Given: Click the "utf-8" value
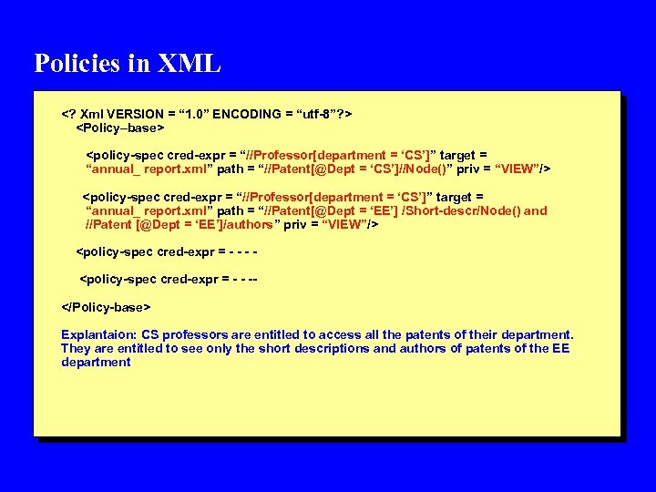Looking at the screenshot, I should (x=314, y=114).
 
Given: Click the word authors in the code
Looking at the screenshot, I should (x=248, y=224).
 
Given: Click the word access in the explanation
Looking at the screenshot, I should (x=342, y=334).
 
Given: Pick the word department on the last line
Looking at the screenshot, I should (x=96, y=362).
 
